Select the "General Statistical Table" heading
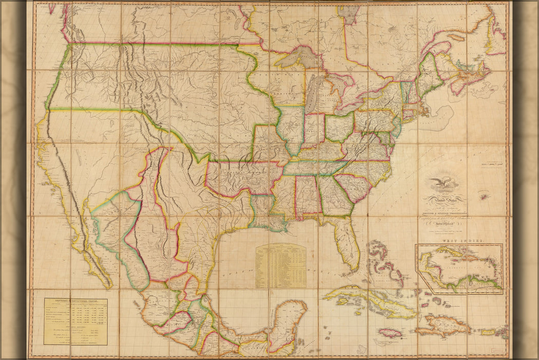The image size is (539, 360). [x=75, y=302]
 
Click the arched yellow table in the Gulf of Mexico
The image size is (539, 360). [x=281, y=265]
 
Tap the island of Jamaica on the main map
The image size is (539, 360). [x=389, y=333]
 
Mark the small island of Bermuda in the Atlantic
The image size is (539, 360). [x=483, y=196]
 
